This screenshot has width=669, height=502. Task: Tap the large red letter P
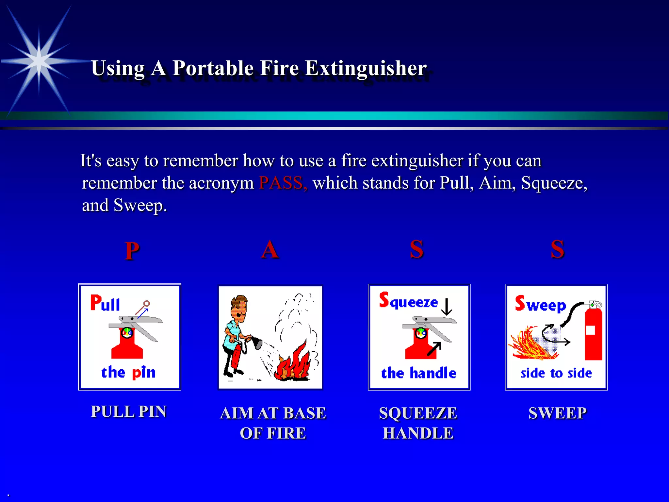click(x=132, y=251)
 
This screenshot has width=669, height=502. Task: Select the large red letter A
click(x=270, y=250)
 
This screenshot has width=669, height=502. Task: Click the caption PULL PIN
click(x=129, y=411)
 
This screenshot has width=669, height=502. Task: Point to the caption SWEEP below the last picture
click(x=557, y=413)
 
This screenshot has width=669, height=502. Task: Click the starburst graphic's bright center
click(x=39, y=61)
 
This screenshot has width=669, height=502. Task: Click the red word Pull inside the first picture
click(x=105, y=303)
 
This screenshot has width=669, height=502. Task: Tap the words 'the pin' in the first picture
click(x=128, y=373)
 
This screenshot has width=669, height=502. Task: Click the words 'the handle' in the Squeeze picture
click(x=418, y=373)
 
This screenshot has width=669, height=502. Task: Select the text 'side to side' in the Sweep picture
click(x=556, y=373)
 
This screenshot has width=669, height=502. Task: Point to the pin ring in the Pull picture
click(x=146, y=304)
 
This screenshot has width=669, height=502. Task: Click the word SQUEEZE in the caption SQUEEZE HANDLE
click(x=418, y=413)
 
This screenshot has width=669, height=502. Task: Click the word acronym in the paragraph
click(x=221, y=183)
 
